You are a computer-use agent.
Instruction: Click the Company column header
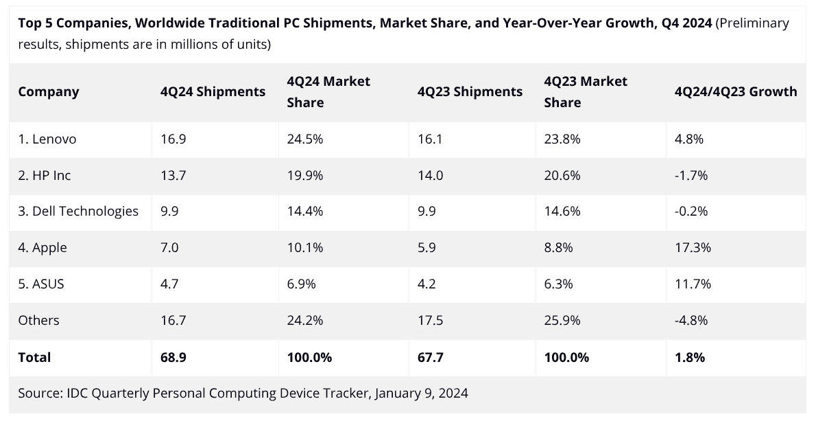tap(49, 92)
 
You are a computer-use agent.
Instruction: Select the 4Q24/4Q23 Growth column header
tap(736, 92)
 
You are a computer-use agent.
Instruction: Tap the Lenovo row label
tap(47, 139)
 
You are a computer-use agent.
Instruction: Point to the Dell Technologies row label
tap(78, 212)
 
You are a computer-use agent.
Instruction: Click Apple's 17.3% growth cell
tap(693, 248)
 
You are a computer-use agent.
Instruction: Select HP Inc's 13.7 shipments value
tap(173, 176)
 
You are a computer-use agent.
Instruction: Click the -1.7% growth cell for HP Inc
tap(691, 176)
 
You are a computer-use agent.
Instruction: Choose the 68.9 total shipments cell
tap(173, 358)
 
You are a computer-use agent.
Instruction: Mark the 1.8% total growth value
tap(690, 358)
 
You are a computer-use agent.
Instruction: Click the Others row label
tap(39, 321)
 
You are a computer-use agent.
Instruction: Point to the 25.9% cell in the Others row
tap(562, 321)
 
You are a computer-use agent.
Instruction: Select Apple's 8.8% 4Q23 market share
tap(559, 248)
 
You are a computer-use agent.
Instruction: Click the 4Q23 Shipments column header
tap(470, 92)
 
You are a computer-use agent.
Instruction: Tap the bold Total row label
tap(34, 358)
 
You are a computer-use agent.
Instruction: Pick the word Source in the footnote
tap(39, 394)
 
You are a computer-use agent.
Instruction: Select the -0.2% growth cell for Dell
tap(691, 212)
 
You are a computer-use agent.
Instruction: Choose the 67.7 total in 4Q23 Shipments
tap(430, 358)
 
